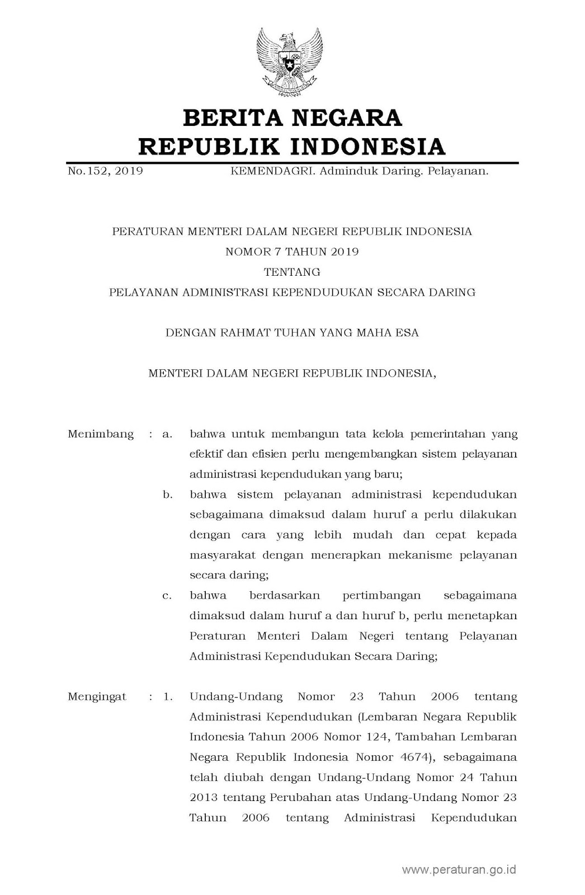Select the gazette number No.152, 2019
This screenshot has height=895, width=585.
105,171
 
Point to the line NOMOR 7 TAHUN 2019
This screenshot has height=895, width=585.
292,252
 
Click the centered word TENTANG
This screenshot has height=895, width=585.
292,272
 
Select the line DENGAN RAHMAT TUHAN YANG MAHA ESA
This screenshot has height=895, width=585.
292,333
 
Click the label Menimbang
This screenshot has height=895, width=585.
101,434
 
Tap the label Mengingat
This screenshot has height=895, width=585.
97,697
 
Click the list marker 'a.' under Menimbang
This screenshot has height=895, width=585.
167,434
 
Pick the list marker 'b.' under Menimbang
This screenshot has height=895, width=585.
167,495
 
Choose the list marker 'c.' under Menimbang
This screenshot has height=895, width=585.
167,596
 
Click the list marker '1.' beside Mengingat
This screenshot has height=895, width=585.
168,697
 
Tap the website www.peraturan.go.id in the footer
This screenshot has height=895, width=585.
459,870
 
